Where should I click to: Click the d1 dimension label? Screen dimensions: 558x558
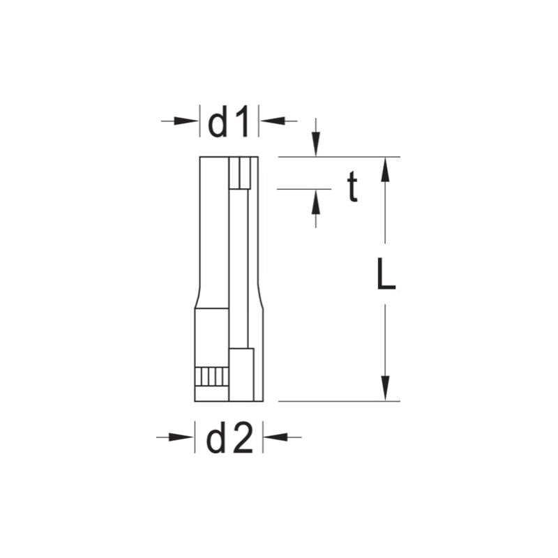tap(229, 123)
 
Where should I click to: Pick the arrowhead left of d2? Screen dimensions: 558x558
tap(183, 437)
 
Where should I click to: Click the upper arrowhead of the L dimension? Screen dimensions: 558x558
tap(384, 169)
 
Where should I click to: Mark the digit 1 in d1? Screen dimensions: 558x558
tap(241, 123)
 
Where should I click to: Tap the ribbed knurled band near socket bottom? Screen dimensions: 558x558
tap(211, 377)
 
